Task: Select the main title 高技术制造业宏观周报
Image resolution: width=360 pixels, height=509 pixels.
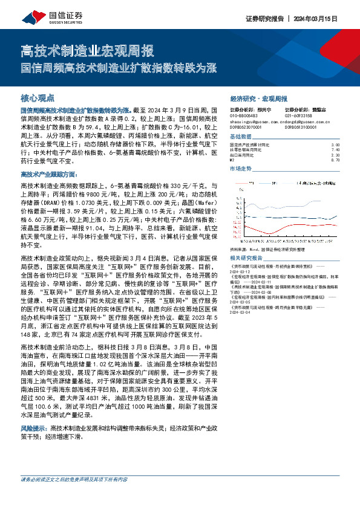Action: pyautogui.click(x=87, y=50)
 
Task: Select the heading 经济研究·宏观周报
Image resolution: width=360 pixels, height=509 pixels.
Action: pyautogui.click(x=259, y=97)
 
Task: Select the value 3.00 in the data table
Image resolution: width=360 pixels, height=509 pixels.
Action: pyautogui.click(x=336, y=145)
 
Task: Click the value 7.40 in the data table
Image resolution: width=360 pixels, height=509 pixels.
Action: pyautogui.click(x=336, y=150)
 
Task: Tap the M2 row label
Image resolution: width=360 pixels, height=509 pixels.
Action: pyautogui.click(x=234, y=160)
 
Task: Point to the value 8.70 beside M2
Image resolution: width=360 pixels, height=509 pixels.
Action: pyautogui.click(x=336, y=160)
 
